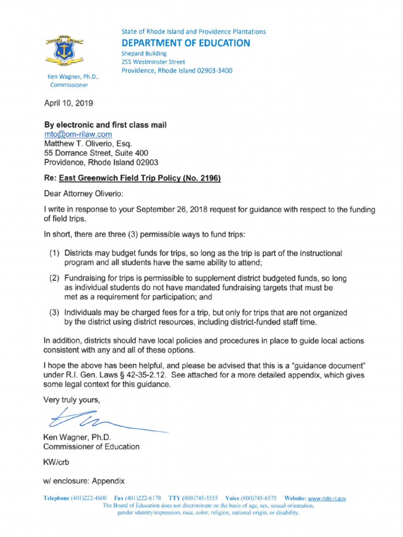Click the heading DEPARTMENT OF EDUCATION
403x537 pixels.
coord(186,43)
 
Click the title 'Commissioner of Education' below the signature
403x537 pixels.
coord(91,447)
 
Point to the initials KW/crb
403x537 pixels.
coord(55,463)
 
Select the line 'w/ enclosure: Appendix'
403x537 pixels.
coord(83,480)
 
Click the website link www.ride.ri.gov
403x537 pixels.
coord(326,498)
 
